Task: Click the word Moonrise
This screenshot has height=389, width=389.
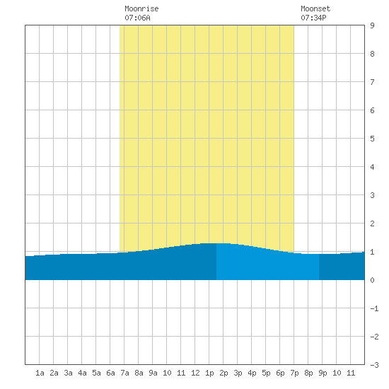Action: tap(141, 8)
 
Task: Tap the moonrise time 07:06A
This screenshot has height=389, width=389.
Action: tap(137, 18)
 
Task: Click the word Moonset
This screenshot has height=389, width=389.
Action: tap(315, 8)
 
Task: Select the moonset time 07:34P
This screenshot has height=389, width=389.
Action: tap(313, 18)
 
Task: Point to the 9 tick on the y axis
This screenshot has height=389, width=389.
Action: tap(372, 25)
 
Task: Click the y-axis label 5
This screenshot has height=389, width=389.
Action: tap(372, 139)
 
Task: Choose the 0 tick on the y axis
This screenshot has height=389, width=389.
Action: tap(372, 280)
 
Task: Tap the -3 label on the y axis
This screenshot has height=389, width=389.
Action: tap(374, 365)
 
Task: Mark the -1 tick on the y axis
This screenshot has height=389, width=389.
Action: tap(374, 308)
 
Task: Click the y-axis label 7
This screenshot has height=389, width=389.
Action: tap(372, 82)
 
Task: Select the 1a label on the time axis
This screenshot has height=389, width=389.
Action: tap(40, 373)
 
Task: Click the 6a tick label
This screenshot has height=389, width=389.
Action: tap(110, 373)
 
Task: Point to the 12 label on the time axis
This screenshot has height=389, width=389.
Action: tap(195, 373)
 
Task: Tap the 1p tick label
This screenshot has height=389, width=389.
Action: tap(209, 373)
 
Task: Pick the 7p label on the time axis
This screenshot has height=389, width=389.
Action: tap(294, 373)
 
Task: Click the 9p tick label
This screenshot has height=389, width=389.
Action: tap(323, 373)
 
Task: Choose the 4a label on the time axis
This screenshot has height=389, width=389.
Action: tap(82, 373)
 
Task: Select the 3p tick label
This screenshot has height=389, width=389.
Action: tap(238, 373)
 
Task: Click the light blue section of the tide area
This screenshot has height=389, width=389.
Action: tap(267, 265)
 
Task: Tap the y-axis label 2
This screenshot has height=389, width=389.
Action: tap(372, 223)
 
